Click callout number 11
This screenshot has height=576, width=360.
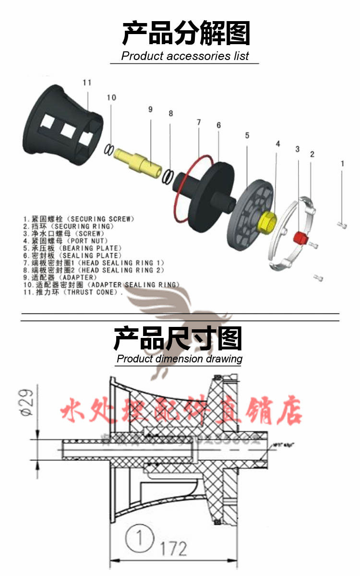click(x=86, y=83)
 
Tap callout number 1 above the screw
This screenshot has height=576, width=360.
click(x=342, y=163)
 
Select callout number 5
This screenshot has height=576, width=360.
click(x=247, y=135)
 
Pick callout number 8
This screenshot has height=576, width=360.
click(x=170, y=114)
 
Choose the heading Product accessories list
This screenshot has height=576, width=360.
click(x=185, y=56)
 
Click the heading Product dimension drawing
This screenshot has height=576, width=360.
click(x=180, y=359)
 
